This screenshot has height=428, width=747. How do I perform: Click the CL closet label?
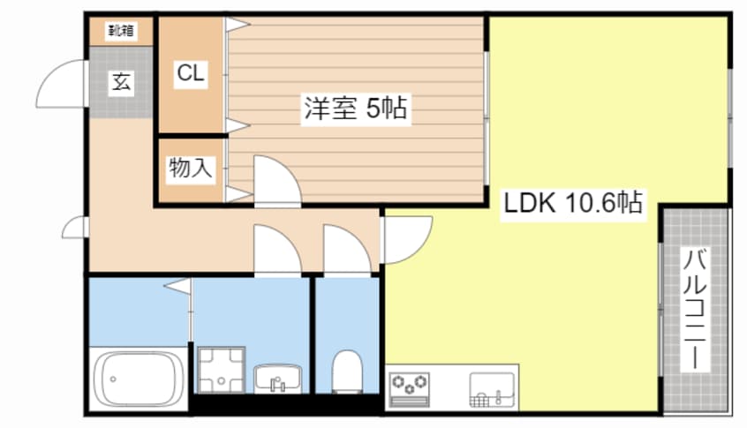(x=190, y=75)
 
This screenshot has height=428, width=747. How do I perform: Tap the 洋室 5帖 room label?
(x=355, y=109)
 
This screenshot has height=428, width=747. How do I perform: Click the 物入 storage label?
(x=190, y=168)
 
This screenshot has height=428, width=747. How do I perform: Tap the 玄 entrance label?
(x=121, y=84)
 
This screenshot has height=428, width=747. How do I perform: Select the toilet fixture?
(x=347, y=371)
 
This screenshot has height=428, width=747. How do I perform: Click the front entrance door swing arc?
(x=62, y=84)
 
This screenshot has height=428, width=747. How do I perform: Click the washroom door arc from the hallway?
(x=276, y=251)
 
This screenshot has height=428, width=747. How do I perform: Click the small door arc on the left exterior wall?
(x=75, y=228)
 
